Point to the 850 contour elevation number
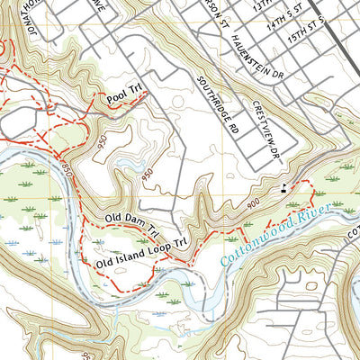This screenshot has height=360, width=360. [69, 168]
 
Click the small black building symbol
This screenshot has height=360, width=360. [285, 189]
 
